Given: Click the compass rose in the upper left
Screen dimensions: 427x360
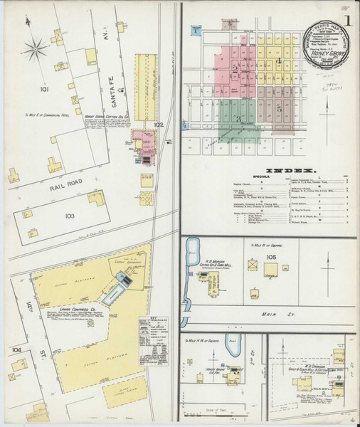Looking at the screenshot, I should pyautogui.click(x=33, y=49).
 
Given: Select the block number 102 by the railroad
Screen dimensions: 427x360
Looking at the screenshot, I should pyautogui.click(x=159, y=125).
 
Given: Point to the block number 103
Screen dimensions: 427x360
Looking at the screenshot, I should pyautogui.click(x=69, y=214).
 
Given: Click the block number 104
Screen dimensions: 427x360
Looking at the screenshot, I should pyautogui.click(x=16, y=349).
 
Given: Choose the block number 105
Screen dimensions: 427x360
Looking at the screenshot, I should pyautogui.click(x=270, y=256).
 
